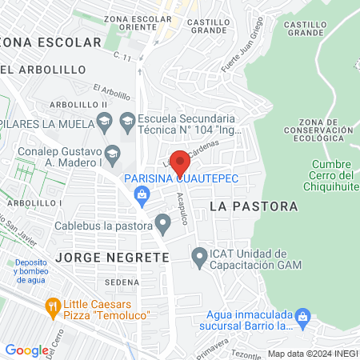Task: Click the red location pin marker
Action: (180, 162)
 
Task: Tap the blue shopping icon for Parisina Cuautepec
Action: (142, 194)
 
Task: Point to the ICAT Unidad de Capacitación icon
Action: (199, 258)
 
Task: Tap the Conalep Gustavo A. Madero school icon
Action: (113, 152)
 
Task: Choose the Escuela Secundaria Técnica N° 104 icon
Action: (127, 121)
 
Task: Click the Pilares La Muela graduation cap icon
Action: (103, 122)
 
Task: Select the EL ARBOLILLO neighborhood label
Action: (43, 70)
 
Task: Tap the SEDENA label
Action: (122, 282)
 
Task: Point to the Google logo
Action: (26, 350)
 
